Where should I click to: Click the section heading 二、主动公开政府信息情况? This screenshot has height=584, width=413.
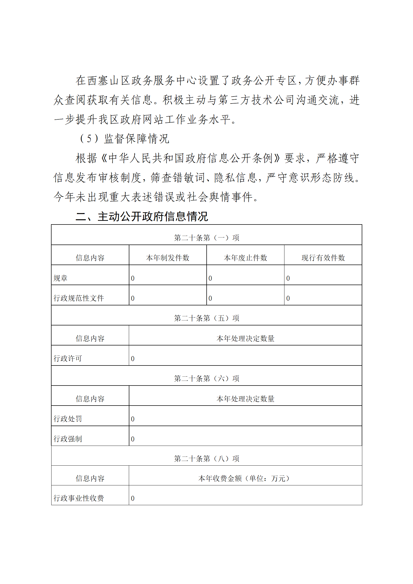point(142,216)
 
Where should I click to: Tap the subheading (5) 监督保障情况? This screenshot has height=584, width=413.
point(124,139)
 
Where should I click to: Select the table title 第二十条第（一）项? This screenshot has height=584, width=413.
point(206,238)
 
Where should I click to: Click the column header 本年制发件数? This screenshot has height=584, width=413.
point(168,258)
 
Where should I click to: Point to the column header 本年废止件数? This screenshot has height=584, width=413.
point(245,258)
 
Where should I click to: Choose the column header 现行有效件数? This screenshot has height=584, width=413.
point(323,258)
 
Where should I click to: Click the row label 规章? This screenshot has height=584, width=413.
point(60,278)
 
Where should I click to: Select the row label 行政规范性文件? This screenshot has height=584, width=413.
point(79,298)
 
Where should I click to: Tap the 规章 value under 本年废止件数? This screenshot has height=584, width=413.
point(210,278)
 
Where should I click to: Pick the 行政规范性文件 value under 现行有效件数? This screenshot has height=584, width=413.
point(288,298)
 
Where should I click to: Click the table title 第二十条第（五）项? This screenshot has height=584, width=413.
point(206,318)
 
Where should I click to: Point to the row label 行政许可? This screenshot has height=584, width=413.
point(68,358)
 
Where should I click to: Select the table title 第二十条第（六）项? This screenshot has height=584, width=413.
point(206,378)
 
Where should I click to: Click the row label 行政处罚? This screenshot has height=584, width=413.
point(68,419)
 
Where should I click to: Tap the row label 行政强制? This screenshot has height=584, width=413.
point(68,439)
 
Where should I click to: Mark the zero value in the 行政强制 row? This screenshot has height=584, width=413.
point(133,439)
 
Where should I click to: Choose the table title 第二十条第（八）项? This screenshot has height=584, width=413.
point(206,458)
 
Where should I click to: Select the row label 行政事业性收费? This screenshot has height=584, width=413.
point(79,498)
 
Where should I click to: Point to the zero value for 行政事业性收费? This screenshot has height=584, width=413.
point(133,498)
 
